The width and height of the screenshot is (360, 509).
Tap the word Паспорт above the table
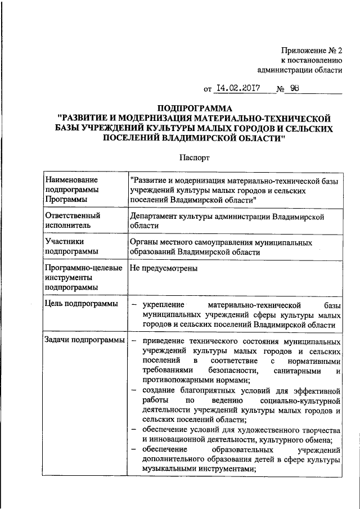click(194, 159)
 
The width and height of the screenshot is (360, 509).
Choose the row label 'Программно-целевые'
click(84, 268)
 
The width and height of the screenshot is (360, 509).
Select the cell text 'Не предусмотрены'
click(163, 268)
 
